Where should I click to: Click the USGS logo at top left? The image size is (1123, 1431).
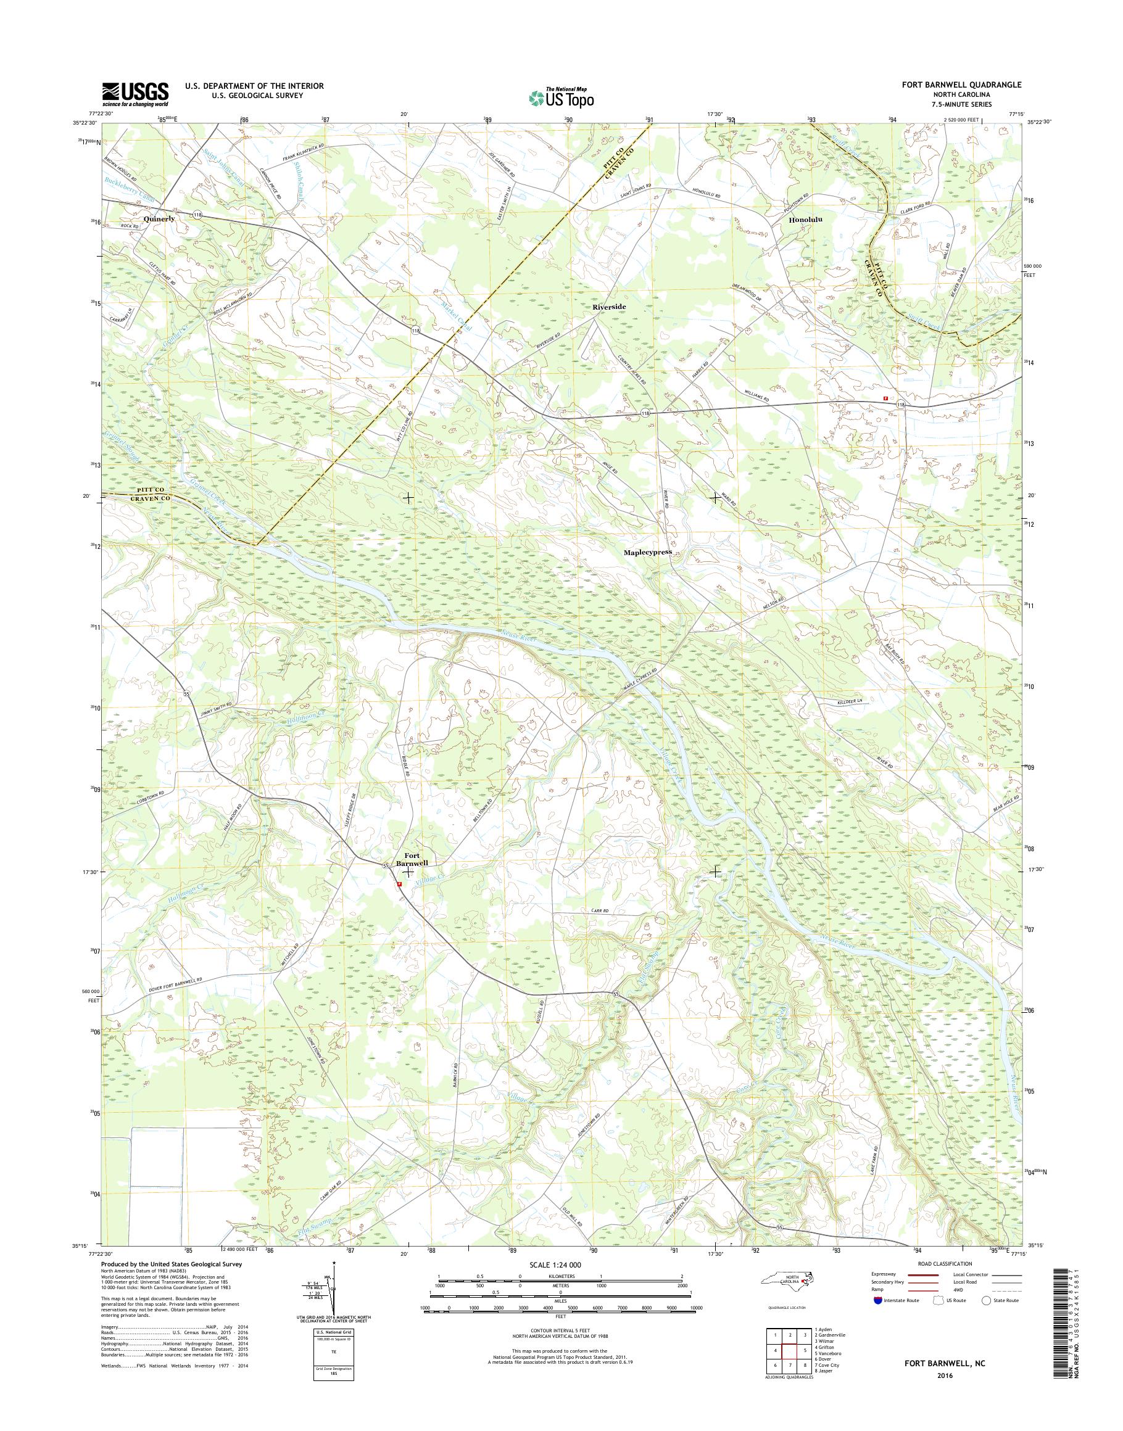point(135,93)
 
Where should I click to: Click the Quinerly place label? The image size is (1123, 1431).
point(159,218)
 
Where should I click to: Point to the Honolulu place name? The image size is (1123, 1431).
point(805,221)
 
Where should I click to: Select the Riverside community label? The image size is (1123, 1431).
point(609,307)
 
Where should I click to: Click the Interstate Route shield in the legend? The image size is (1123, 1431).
point(877,1300)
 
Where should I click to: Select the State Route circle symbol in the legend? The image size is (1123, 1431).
point(985,1300)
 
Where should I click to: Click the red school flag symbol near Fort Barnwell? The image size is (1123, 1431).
point(399,884)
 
